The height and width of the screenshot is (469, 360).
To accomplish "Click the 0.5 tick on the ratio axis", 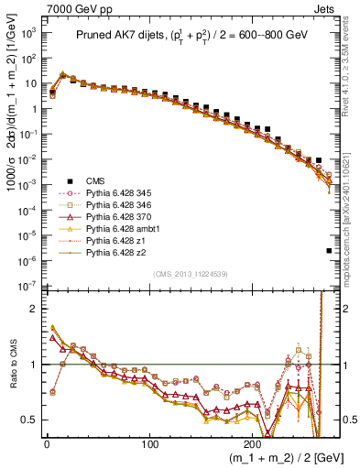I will coord(28,420).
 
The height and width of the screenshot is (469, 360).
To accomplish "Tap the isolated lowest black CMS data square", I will coord(329,250).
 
